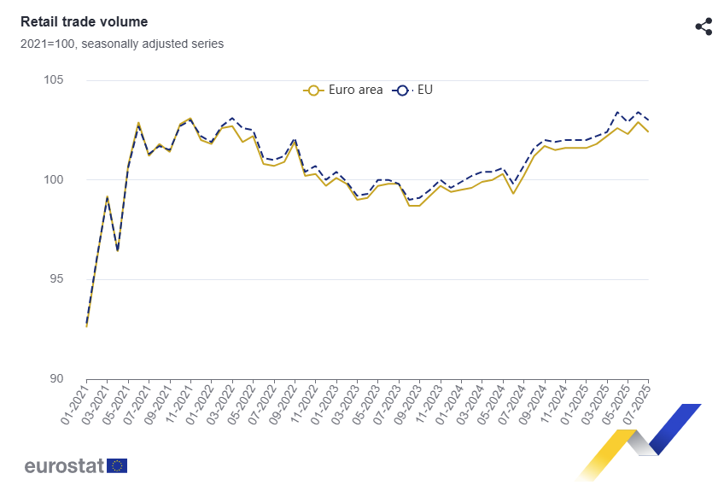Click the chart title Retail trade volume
coord(84,22)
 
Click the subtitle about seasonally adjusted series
coord(122,44)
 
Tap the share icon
coord(704,26)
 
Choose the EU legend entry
coord(414,90)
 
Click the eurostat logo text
coord(64,465)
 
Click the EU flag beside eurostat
coord(118,465)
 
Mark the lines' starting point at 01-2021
coord(86,326)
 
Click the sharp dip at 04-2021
coord(118,251)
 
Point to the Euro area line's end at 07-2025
coord(648,132)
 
